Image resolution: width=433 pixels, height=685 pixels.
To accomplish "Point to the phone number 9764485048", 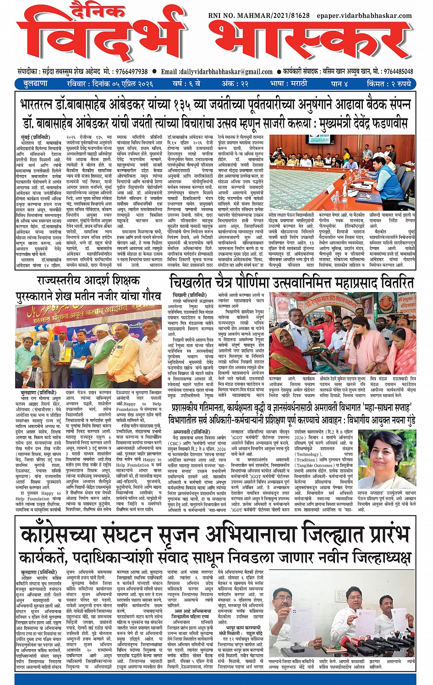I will (398, 72).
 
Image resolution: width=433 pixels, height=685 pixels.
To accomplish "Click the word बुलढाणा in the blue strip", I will (35, 83).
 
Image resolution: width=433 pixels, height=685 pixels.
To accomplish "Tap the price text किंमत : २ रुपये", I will (389, 83).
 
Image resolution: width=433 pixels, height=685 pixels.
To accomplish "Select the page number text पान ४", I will (340, 83).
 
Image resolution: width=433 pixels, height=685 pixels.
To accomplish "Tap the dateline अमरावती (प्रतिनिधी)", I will (192, 432).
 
